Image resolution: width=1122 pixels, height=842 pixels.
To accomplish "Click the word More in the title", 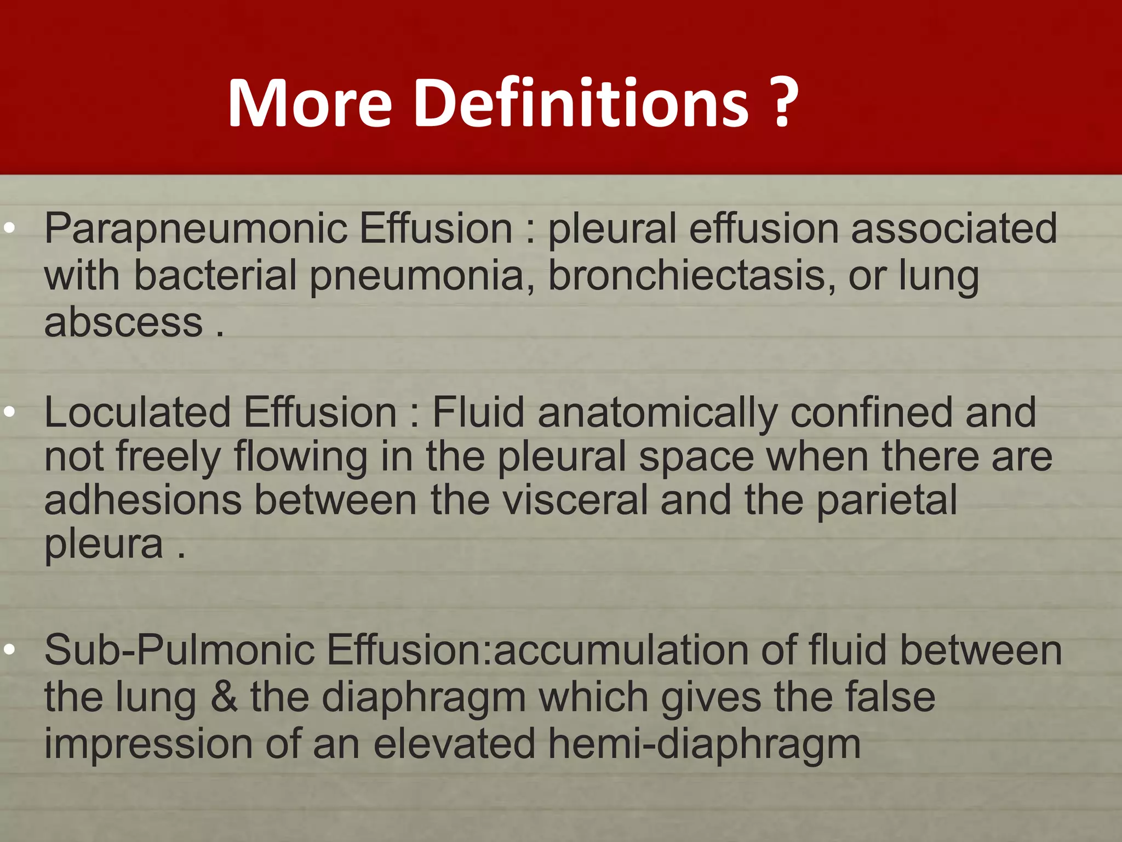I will (x=310, y=103).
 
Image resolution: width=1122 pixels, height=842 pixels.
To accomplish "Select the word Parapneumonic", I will (x=195, y=229).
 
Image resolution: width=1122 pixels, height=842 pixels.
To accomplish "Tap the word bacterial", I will (x=215, y=275).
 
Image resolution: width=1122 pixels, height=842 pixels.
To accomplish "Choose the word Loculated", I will (x=138, y=412).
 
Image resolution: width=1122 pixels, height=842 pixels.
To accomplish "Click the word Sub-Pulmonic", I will (x=179, y=650).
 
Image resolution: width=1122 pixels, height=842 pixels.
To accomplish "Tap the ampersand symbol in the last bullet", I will (x=224, y=697).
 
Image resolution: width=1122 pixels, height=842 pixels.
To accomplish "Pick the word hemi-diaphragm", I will (x=704, y=744).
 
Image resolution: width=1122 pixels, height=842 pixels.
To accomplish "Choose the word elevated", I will (x=454, y=743).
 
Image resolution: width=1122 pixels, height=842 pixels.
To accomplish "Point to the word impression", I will (x=148, y=743).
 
